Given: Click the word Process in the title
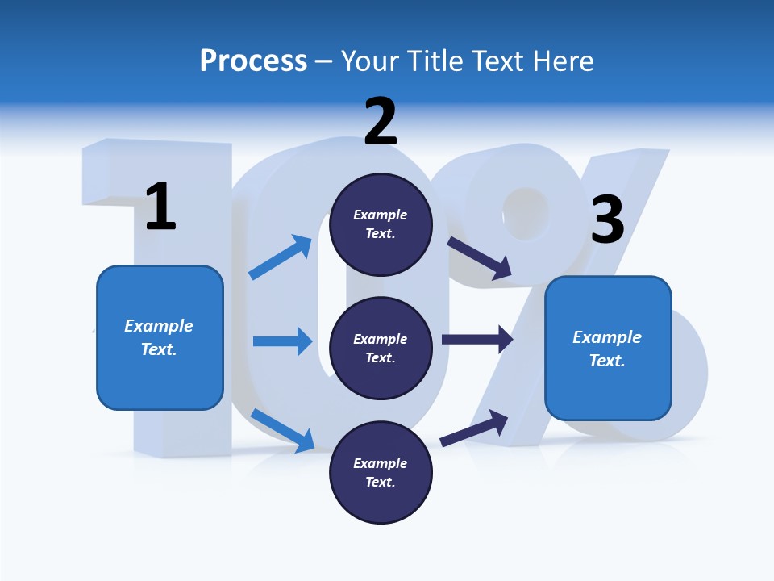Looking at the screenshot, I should coord(253,61).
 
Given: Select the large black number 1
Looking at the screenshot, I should coord(160,207).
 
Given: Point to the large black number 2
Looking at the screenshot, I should coord(381,122).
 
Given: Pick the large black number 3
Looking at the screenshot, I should coord(607,220).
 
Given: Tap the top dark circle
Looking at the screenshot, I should coord(381,224).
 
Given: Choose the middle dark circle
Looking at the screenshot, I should coord(381,348).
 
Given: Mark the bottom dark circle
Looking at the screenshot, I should coord(381,472).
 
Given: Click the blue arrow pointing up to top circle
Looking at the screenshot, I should coord(281,257).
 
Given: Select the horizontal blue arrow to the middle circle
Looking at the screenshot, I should coord(282,341).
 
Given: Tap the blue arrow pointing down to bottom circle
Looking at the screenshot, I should coord(282,430).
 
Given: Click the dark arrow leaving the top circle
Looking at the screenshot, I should coord(480,258).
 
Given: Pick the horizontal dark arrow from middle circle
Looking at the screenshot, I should coord(477,339).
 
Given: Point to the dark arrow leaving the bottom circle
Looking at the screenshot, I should coord(474,428).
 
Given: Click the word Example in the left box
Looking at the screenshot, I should coord(159,326).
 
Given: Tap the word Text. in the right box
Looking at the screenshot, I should coord(607,361).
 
